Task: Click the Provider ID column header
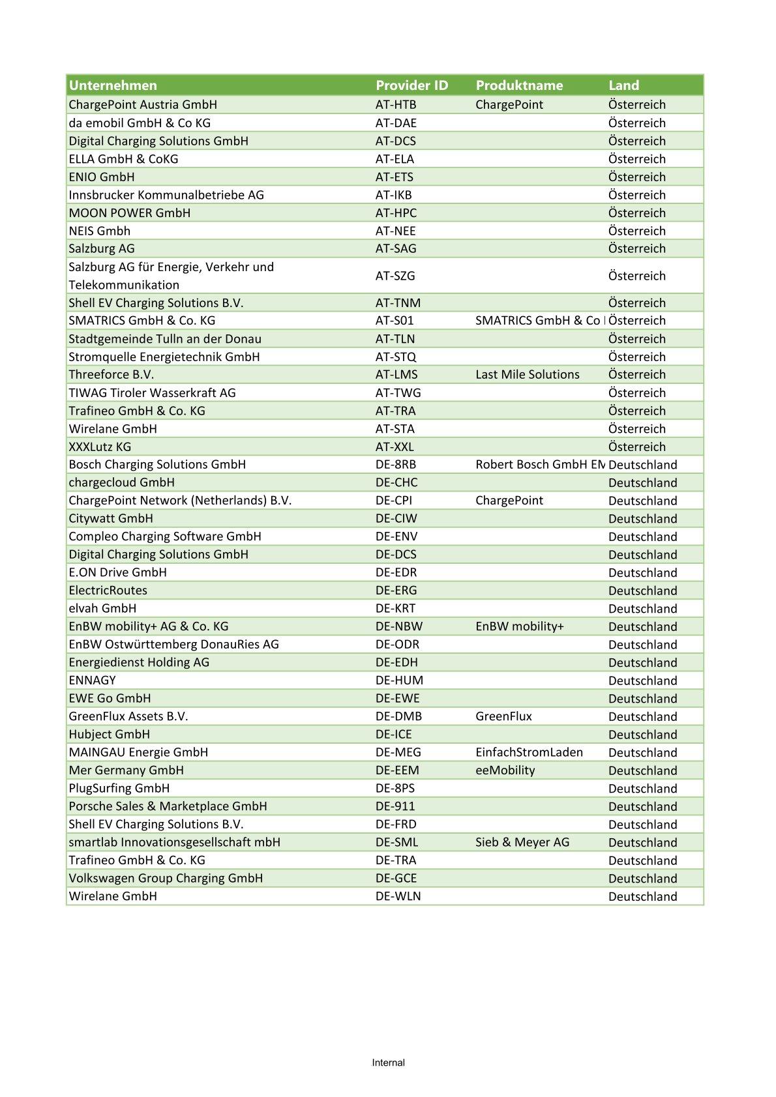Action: point(411,85)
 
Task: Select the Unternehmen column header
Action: point(113,85)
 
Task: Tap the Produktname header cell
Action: point(519,85)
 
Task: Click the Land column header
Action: point(623,85)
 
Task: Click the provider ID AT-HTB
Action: point(396,105)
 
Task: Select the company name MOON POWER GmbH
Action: point(130,213)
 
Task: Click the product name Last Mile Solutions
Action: point(527,375)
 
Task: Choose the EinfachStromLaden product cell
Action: point(529,752)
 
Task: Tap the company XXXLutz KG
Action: point(100,447)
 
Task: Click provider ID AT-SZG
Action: point(395,276)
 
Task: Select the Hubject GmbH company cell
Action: point(109,735)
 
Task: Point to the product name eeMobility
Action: point(505,770)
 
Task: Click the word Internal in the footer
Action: point(388,1063)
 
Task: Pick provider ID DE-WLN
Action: point(398,896)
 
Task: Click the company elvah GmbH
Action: point(102,609)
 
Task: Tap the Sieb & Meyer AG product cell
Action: point(522,842)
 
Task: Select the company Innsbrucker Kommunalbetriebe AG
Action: point(166,195)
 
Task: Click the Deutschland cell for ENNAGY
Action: point(642,680)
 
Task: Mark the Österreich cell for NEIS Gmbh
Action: point(636,231)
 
